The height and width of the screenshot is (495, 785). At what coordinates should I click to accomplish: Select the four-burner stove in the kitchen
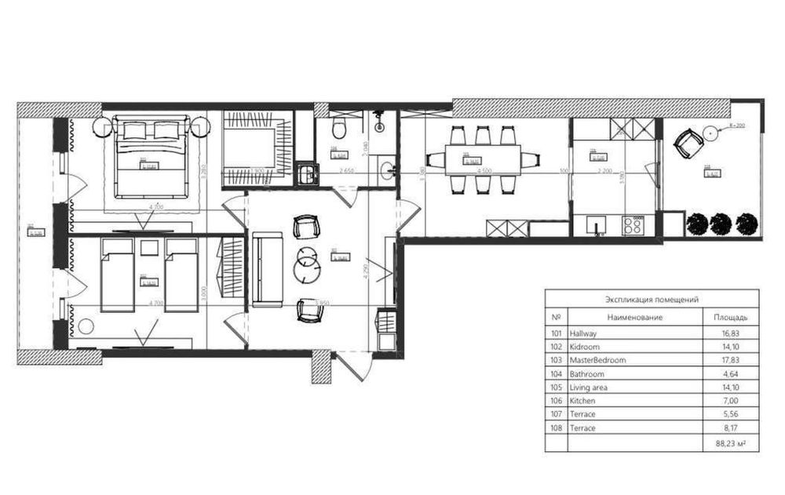pyautogui.click(x=632, y=226)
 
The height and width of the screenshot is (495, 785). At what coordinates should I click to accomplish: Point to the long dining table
pyautogui.click(x=483, y=160)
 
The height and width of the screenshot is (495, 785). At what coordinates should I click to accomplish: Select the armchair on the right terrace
pyautogui.click(x=689, y=143)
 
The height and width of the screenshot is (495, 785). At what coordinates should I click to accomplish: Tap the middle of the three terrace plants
pyautogui.click(x=721, y=224)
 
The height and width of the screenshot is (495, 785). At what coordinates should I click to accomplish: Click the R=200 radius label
pyautogui.click(x=736, y=126)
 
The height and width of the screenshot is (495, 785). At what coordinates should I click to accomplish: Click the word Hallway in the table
pyautogui.click(x=584, y=333)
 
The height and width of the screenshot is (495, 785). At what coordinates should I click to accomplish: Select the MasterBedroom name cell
pyautogui.click(x=598, y=360)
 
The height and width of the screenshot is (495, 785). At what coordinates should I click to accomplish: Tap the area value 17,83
pyautogui.click(x=731, y=360)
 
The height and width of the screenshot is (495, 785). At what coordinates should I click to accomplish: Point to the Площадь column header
pyautogui.click(x=730, y=318)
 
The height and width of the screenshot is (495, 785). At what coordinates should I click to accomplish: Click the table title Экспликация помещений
pyautogui.click(x=652, y=299)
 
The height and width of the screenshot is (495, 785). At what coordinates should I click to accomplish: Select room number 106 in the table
pyautogui.click(x=557, y=401)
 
